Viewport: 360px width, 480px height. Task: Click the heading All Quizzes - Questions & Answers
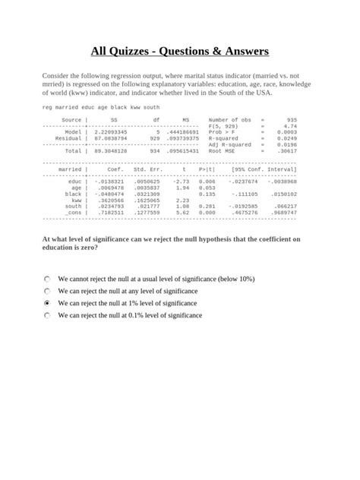click(x=180, y=52)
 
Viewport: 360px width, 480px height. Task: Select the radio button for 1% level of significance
click(x=47, y=302)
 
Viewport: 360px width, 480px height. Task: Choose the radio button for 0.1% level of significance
click(x=47, y=314)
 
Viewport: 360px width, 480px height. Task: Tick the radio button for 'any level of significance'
click(x=47, y=291)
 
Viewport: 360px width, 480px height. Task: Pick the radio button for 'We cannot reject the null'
click(x=47, y=279)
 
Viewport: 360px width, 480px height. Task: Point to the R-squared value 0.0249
click(x=286, y=138)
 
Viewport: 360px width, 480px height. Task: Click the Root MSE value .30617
click(x=286, y=150)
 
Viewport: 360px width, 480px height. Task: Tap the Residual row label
click(x=68, y=138)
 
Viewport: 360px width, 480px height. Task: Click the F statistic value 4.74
click(x=289, y=126)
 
